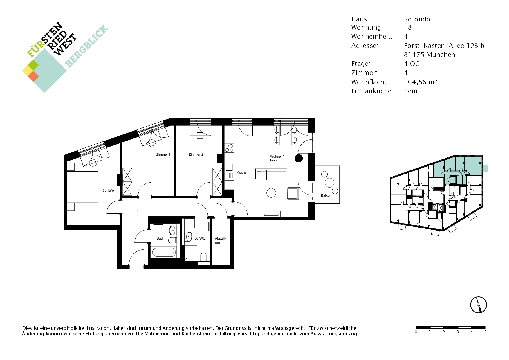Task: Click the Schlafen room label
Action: click(109, 190)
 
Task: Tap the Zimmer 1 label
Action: click(163, 154)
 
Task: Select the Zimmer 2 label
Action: click(196, 154)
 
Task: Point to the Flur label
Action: click(136, 210)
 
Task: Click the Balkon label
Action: click(326, 195)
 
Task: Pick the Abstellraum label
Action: click(221, 240)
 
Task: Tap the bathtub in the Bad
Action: click(164, 252)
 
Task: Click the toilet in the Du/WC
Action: click(203, 257)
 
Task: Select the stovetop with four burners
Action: click(229, 148)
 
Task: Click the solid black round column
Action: click(299, 158)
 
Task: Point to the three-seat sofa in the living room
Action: click(271, 174)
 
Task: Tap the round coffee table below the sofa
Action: click(271, 193)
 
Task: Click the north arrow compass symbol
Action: click(478, 305)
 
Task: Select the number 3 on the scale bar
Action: click(458, 332)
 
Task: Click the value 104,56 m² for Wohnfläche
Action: click(420, 82)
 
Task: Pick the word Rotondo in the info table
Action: click(417, 19)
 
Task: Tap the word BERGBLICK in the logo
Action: click(86, 46)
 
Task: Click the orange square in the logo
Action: click(33, 76)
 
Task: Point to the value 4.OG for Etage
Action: click(412, 64)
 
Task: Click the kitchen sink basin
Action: click(229, 167)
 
